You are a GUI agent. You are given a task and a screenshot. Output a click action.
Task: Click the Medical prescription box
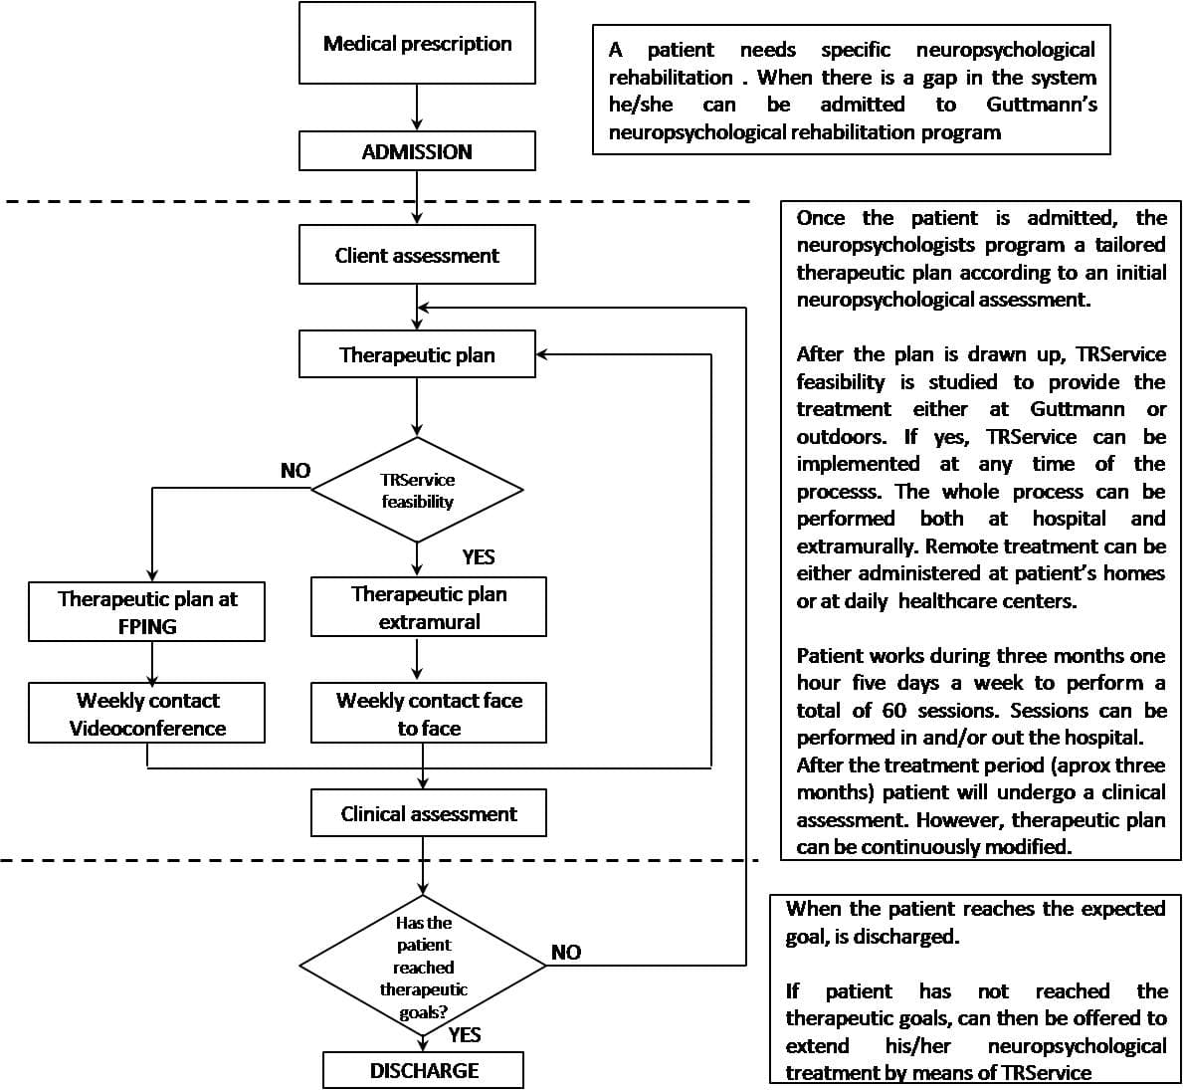[417, 43]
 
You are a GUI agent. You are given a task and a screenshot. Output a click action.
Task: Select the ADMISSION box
[417, 152]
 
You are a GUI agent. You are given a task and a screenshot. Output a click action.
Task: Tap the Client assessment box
[417, 255]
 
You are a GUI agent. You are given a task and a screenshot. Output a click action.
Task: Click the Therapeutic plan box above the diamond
[417, 354]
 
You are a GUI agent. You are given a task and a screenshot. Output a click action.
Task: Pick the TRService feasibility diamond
[417, 490]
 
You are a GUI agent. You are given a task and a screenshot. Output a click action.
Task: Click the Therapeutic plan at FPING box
[147, 611]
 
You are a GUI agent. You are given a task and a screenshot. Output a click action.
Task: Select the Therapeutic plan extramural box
[429, 607]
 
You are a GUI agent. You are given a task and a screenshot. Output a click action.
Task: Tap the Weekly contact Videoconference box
[147, 714]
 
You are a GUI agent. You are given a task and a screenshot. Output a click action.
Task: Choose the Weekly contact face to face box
[429, 714]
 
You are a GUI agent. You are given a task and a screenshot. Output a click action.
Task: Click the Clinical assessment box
[429, 813]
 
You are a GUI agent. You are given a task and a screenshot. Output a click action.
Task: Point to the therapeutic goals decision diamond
[424, 966]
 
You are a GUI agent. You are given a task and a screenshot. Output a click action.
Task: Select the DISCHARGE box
[424, 1070]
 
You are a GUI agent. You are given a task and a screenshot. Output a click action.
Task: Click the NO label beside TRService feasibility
[296, 471]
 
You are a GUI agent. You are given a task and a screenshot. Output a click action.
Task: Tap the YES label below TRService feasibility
[479, 556]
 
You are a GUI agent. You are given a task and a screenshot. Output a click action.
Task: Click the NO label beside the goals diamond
[566, 953]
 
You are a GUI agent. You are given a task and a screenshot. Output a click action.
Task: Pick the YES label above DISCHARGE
[465, 1034]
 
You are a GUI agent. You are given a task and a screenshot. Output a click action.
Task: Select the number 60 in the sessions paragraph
[892, 710]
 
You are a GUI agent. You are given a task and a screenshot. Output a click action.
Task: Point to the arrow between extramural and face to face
[417, 659]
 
